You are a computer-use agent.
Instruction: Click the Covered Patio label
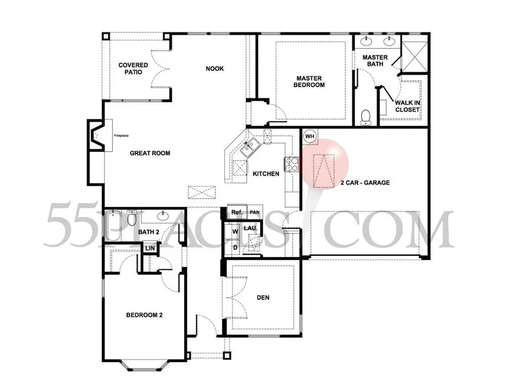133,68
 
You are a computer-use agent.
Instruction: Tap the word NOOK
215,68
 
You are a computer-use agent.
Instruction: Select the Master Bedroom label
309,82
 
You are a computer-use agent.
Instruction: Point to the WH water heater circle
309,136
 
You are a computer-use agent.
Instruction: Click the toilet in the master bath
365,117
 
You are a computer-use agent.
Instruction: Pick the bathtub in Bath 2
112,226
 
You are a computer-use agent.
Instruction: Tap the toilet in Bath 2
132,218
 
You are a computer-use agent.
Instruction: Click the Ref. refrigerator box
237,212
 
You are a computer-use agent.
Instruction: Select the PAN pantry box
255,212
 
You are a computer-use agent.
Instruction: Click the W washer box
235,232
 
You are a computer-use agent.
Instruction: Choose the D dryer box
235,248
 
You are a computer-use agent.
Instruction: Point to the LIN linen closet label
149,248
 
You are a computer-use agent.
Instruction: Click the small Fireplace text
121,135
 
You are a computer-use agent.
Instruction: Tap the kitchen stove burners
291,164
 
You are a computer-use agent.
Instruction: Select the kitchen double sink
249,148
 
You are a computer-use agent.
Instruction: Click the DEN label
263,298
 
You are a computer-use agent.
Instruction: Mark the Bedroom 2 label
144,315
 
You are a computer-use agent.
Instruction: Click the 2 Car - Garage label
365,183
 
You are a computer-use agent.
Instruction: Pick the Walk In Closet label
407,106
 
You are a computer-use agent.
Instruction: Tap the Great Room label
149,153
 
